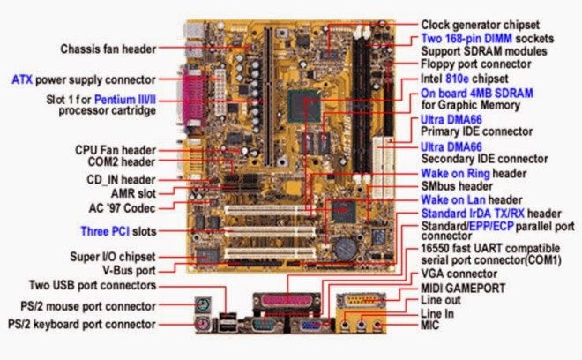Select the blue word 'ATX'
click(21, 79)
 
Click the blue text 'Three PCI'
click(108, 231)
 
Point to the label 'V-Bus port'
click(129, 270)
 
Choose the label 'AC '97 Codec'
click(120, 208)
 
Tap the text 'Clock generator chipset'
click(479, 25)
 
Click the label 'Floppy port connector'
click(476, 64)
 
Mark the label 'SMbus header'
click(456, 187)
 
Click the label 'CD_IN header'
click(118, 179)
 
